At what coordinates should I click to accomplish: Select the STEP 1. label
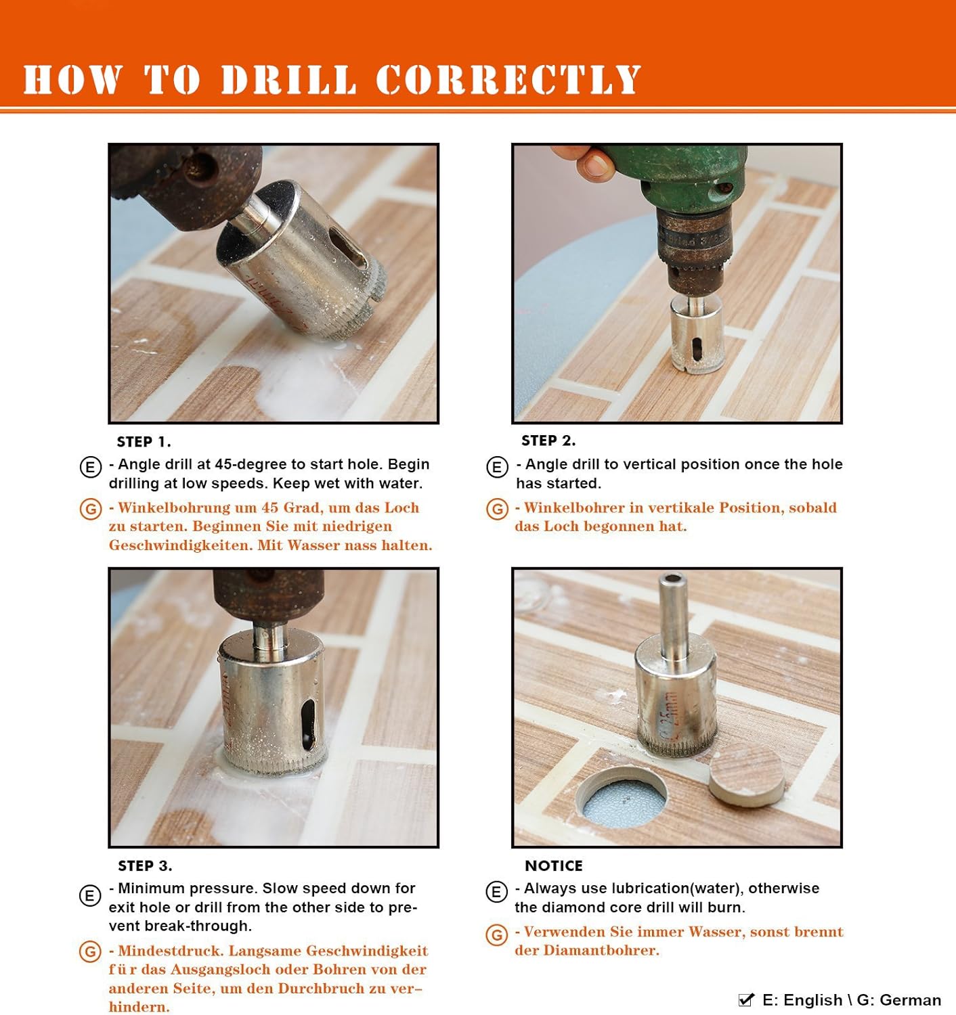pyautogui.click(x=144, y=442)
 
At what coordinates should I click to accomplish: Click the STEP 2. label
pyautogui.click(x=548, y=440)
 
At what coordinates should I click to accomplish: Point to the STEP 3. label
pyautogui.click(x=145, y=865)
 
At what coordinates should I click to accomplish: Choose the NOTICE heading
pyautogui.click(x=553, y=865)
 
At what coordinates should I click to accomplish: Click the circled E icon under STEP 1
pyautogui.click(x=91, y=467)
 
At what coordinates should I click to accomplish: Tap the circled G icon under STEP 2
pyautogui.click(x=497, y=509)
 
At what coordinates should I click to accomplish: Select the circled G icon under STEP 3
pyautogui.click(x=90, y=952)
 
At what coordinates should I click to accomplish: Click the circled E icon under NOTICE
pyautogui.click(x=496, y=892)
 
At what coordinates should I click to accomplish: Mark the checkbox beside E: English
pyautogui.click(x=746, y=999)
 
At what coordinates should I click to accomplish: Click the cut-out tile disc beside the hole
pyautogui.click(x=746, y=775)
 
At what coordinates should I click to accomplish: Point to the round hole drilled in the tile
pyautogui.click(x=622, y=796)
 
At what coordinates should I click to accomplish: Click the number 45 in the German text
pyautogui.click(x=271, y=507)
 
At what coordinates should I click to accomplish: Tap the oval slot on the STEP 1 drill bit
pyautogui.click(x=348, y=248)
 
